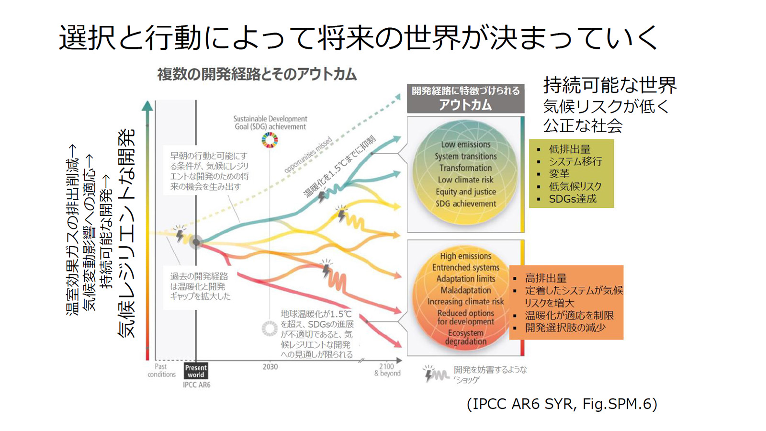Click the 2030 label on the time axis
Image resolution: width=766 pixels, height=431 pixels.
[x=270, y=367]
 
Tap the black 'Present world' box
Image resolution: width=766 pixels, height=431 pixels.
[x=196, y=371]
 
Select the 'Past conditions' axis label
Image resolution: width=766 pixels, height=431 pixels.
[x=161, y=370]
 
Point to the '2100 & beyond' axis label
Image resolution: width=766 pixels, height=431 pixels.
[x=387, y=370]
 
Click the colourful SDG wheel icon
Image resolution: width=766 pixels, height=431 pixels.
[x=270, y=140]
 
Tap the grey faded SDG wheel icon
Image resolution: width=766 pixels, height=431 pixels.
[x=270, y=329]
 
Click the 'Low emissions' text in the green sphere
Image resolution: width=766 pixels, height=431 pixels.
[x=465, y=144]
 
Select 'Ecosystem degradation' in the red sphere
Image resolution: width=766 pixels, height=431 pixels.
[x=465, y=337]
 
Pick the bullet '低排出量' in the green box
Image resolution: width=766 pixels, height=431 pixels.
[x=570, y=149]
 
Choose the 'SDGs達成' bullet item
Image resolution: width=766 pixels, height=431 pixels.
[x=573, y=199]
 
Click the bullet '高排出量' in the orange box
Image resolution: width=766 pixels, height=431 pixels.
[x=546, y=278]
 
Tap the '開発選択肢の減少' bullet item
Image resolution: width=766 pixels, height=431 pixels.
[x=565, y=328]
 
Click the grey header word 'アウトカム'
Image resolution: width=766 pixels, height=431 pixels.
[x=465, y=105]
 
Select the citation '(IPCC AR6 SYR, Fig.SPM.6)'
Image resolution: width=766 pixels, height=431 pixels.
[x=562, y=404]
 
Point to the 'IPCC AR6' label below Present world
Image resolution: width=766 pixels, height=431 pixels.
[x=196, y=385]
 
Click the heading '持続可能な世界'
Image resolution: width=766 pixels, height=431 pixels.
[x=609, y=85]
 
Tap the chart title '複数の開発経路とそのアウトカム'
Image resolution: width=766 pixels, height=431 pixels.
[x=257, y=74]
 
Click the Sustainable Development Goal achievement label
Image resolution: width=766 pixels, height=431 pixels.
[x=270, y=123]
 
